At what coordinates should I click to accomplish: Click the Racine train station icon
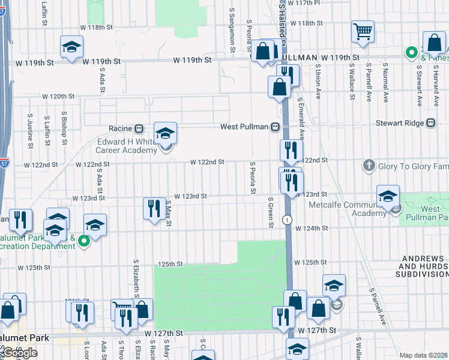click(x=139, y=128)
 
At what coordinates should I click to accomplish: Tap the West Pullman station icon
click(x=275, y=127)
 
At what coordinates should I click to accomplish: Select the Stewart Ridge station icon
click(x=430, y=123)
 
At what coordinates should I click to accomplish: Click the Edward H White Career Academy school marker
click(x=166, y=134)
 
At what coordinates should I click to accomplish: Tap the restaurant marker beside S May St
click(x=154, y=208)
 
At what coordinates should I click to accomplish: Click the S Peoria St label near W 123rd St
click(x=253, y=178)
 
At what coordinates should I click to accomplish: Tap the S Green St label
click(x=271, y=213)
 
